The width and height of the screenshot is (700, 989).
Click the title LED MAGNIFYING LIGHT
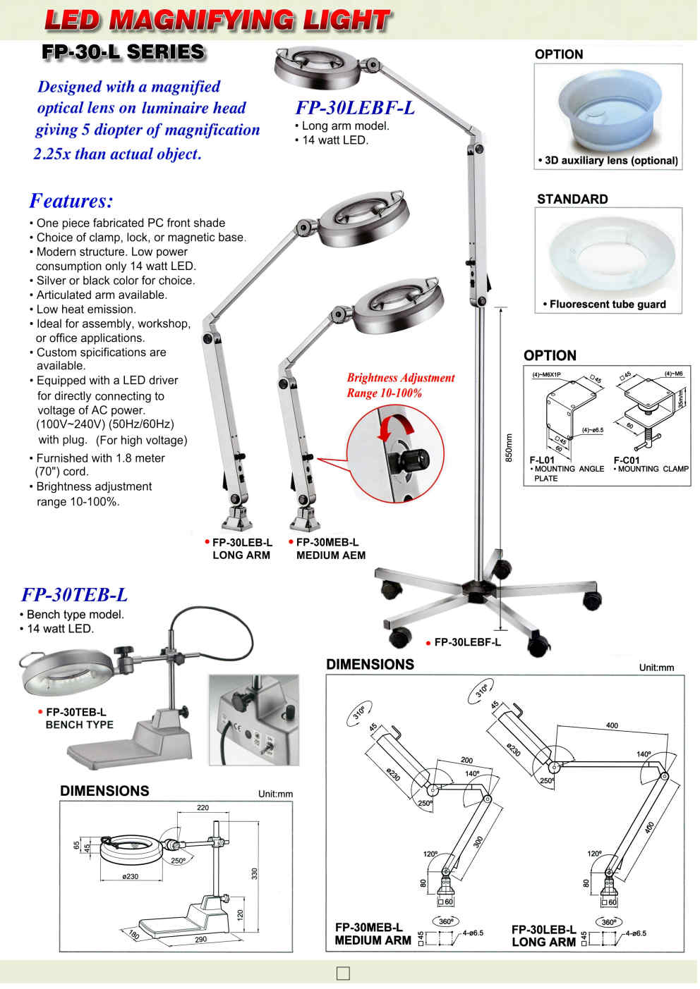tap(216, 20)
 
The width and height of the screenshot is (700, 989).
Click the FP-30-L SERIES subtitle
tap(123, 52)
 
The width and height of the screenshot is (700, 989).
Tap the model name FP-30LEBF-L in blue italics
tap(354, 108)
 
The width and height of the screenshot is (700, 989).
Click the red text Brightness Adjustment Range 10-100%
tap(400, 386)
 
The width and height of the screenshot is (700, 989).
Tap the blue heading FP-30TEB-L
tap(75, 595)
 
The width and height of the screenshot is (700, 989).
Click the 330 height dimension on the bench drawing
tap(255, 873)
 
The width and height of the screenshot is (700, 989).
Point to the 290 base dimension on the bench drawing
tap(200, 940)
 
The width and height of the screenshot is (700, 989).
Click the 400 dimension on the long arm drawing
tap(612, 725)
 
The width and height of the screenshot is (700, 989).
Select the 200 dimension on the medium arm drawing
tap(466, 760)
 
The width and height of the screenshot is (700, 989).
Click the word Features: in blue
tap(71, 201)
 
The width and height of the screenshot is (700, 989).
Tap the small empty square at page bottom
tap(344, 973)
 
